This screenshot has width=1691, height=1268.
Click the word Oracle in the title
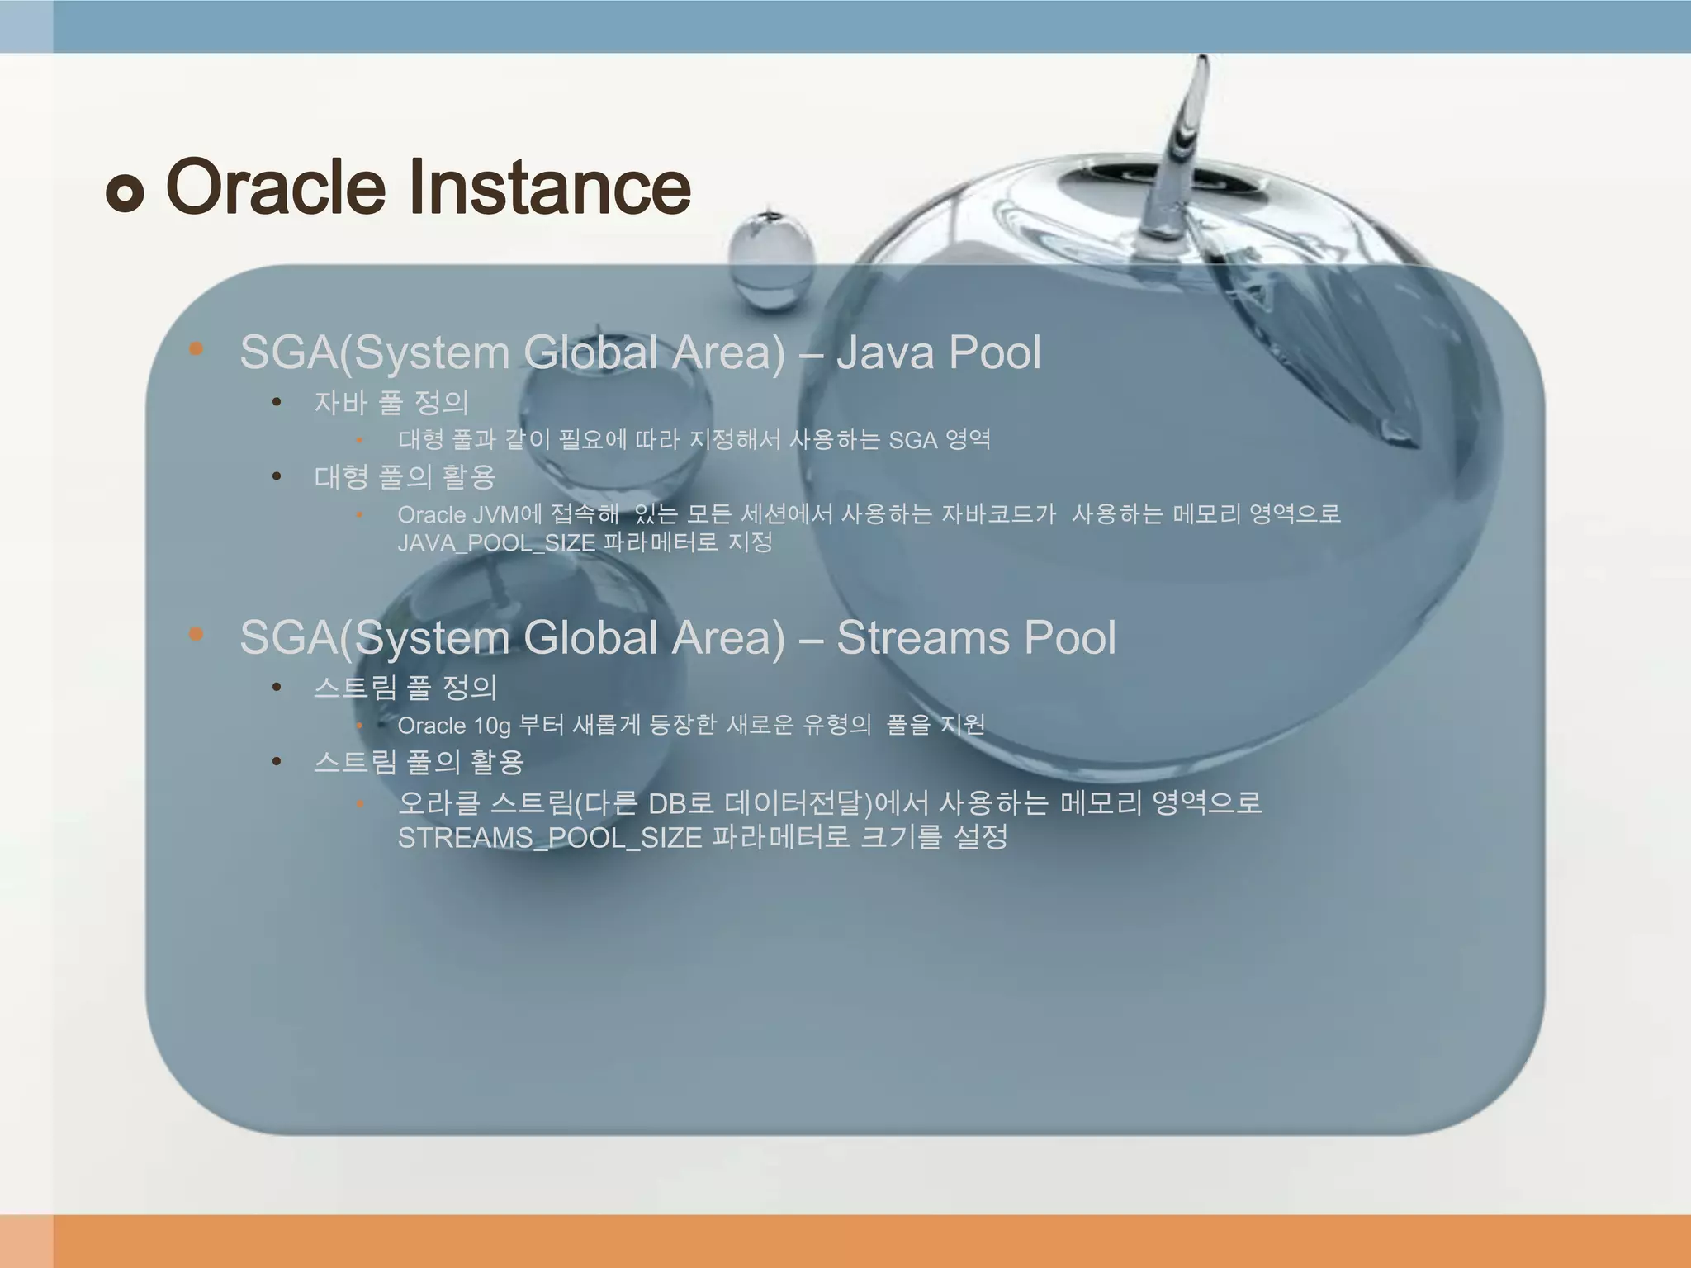(x=276, y=187)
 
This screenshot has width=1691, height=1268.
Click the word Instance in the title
(x=549, y=187)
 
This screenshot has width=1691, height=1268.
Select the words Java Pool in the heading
(x=939, y=352)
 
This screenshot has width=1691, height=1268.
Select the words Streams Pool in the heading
(x=976, y=638)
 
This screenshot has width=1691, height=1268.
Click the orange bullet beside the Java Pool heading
(x=196, y=349)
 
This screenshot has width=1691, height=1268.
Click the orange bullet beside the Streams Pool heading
(x=196, y=634)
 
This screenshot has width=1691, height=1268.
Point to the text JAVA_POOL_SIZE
(x=496, y=543)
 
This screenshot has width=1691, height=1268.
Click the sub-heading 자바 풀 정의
(x=391, y=403)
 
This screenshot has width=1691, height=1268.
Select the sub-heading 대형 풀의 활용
(x=405, y=477)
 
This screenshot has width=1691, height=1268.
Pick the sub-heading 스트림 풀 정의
(x=405, y=688)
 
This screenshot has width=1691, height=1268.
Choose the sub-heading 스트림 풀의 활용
(x=419, y=762)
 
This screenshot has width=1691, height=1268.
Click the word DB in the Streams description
(x=668, y=803)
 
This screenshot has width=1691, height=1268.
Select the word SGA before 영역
(x=912, y=441)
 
